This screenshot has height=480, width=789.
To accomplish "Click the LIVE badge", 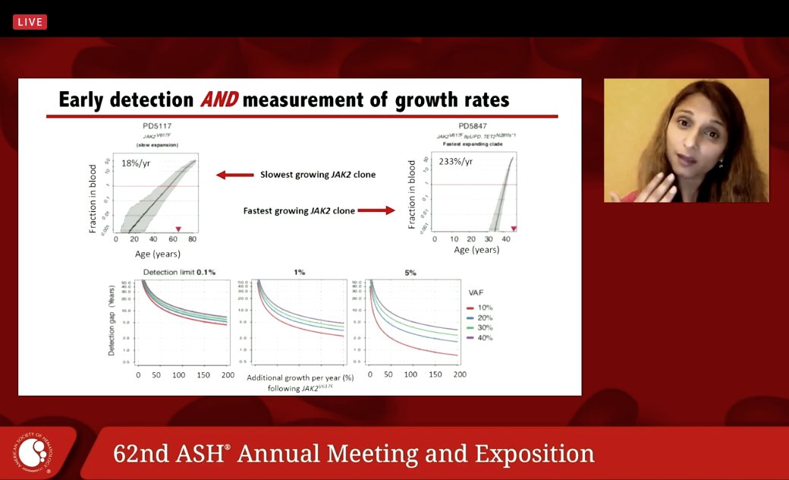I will point(30,22).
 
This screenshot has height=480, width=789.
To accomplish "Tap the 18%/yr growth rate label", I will point(138,162).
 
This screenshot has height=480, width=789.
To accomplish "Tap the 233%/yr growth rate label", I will point(456,161).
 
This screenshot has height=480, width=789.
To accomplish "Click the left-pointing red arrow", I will point(234,175).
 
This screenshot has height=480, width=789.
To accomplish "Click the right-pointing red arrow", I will point(376,210).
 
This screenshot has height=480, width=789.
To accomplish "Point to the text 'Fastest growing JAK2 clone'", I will point(299,210).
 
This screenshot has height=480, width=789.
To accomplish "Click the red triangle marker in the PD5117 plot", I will point(178,229).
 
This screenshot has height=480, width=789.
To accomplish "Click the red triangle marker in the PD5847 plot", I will point(514,229).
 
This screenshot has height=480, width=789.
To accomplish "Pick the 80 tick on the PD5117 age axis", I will point(192,239).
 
